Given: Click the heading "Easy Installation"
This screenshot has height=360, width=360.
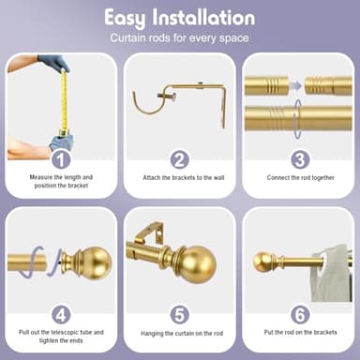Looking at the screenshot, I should (179, 18).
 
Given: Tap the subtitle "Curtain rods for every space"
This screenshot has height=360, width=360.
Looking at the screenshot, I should (179, 38).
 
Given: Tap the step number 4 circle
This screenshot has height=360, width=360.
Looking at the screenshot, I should (60, 314).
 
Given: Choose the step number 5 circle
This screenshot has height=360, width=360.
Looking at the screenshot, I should (180, 314).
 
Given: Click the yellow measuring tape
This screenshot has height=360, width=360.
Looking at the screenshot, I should (64, 103).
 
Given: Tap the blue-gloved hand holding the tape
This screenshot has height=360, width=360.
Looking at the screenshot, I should (53, 64).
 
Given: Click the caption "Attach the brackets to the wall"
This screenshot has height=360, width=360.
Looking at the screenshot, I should (180, 178).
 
